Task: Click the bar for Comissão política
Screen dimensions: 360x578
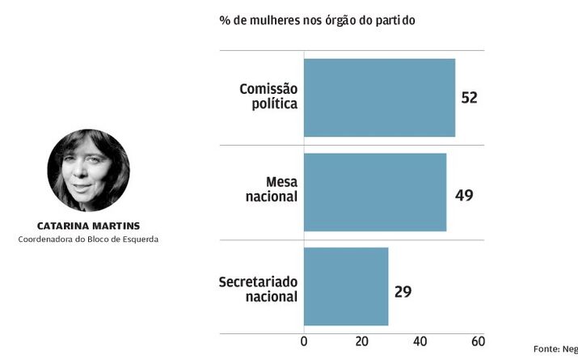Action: [x=379, y=97]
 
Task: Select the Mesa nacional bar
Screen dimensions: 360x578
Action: [x=374, y=192]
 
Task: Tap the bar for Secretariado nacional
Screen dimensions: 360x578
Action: [x=346, y=286]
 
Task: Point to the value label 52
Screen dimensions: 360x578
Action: [x=469, y=98]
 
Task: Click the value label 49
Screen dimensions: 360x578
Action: [x=464, y=195]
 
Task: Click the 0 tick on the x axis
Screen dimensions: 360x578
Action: [x=304, y=341]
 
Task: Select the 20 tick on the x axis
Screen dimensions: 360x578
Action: [x=361, y=341]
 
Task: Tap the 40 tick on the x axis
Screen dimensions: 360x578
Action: [x=420, y=341]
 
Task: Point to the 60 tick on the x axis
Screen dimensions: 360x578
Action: [x=477, y=341]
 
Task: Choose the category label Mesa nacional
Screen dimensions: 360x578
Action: [x=271, y=189]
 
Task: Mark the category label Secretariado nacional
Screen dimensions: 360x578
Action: [x=259, y=289]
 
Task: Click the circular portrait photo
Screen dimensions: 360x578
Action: [x=88, y=170]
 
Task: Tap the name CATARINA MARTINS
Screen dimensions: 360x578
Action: [x=88, y=225]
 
